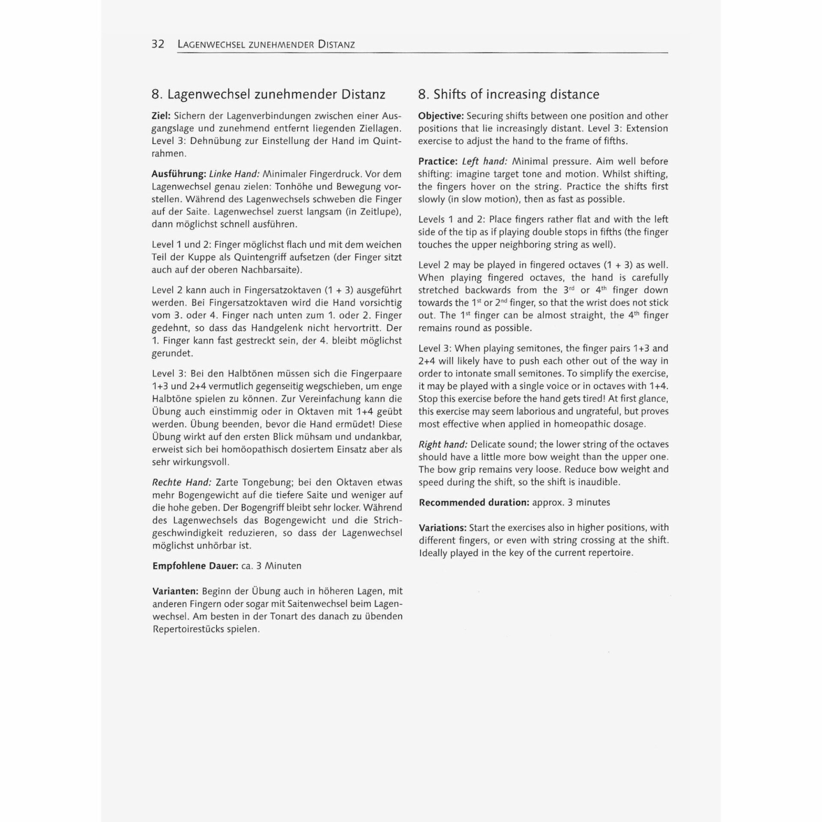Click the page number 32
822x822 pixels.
click(158, 44)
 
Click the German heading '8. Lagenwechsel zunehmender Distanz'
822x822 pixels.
click(268, 94)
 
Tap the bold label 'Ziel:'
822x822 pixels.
click(161, 116)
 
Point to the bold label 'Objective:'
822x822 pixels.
click(441, 116)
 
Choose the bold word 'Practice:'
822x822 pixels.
click(438, 161)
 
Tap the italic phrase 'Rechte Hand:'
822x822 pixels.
click(182, 482)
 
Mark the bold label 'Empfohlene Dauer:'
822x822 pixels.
click(195, 566)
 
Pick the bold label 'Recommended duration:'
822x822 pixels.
click(474, 503)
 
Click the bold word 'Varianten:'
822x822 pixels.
click(176, 591)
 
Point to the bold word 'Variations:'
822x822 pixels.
click(443, 528)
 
